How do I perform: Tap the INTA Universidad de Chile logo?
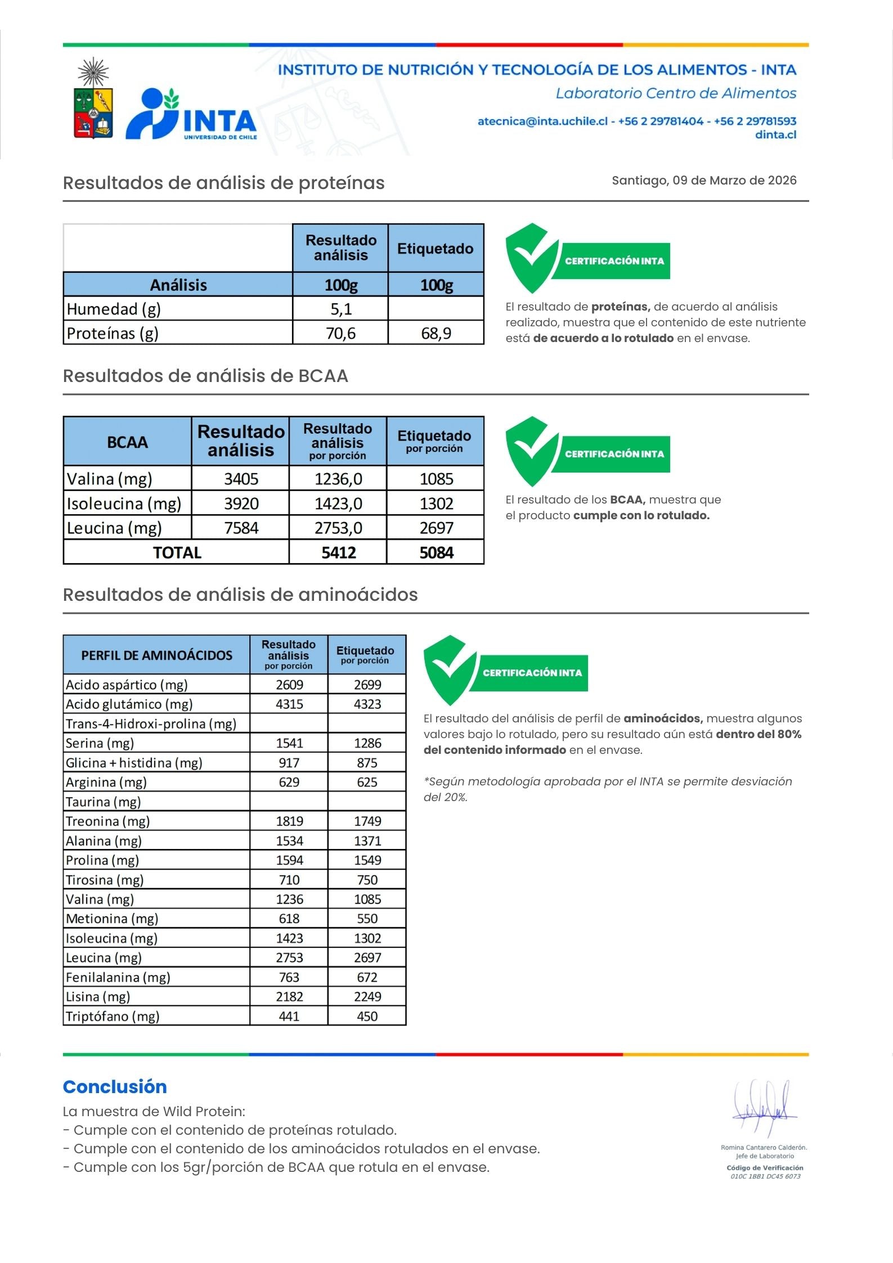(191, 114)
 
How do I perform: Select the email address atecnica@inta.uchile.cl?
(542, 121)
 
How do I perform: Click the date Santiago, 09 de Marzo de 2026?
(704, 181)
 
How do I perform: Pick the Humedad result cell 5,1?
(340, 309)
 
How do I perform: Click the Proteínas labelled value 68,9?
(436, 334)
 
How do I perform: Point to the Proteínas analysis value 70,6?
(340, 334)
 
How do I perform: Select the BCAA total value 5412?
(338, 552)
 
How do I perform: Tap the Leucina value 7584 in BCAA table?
(241, 528)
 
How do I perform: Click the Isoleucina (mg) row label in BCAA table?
(124, 504)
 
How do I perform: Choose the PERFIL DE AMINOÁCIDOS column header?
(156, 655)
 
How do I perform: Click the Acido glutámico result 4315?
(289, 704)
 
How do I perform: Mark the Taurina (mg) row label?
(104, 802)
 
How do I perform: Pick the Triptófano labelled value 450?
(367, 1016)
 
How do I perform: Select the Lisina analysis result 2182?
(289, 996)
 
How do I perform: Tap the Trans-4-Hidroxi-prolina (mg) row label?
(151, 723)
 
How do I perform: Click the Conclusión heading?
(115, 1087)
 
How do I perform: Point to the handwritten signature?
(764, 1108)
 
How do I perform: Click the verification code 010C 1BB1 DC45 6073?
(765, 1176)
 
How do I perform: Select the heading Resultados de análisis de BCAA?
(205, 376)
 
